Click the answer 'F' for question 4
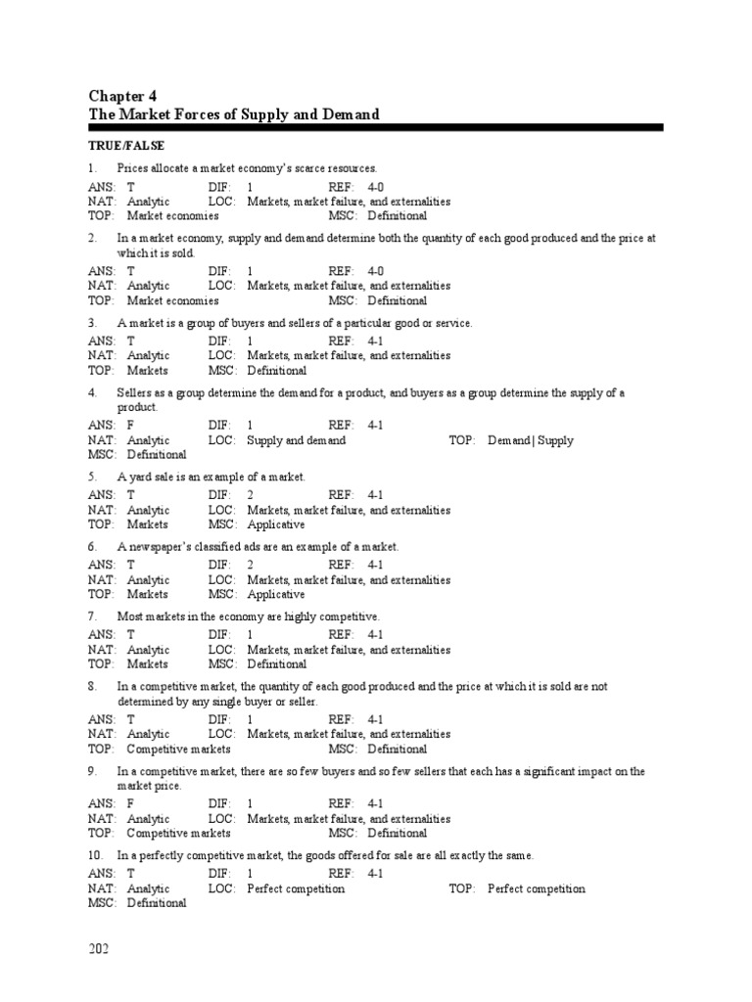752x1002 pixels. [130, 426]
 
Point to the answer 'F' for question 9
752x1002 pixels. [130, 804]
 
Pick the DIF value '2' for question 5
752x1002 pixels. [251, 495]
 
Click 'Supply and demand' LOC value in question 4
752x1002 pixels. [296, 440]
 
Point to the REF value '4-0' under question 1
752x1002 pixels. [376, 187]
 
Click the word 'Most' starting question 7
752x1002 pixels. [130, 616]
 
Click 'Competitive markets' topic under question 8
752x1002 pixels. [178, 749]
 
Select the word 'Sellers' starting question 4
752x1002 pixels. [135, 392]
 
